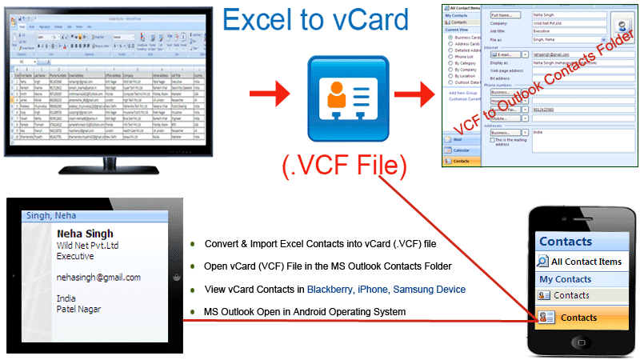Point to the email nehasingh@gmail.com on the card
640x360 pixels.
click(x=98, y=278)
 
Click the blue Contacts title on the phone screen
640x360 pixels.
click(x=566, y=242)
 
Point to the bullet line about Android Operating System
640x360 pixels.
click(x=305, y=311)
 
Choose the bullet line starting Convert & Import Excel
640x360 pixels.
click(x=320, y=243)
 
